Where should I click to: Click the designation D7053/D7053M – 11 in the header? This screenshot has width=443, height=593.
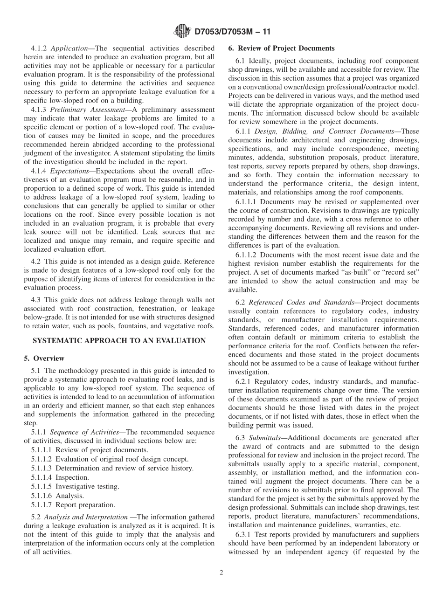coord(231,32)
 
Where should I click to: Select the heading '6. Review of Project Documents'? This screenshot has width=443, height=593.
coord(281,48)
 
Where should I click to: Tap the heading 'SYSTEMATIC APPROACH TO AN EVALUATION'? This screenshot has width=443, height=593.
coord(119,341)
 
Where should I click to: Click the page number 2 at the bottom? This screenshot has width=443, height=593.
coord(221,573)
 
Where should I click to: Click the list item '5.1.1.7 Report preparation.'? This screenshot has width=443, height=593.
coord(73,504)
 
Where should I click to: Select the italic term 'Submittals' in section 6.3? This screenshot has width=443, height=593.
coord(264,438)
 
